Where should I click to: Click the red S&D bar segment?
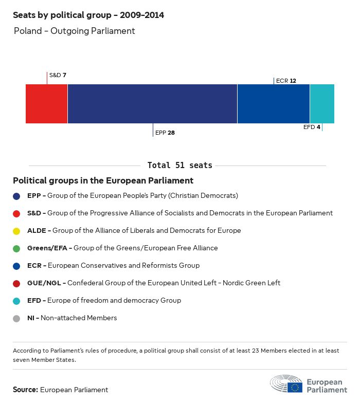pos(46,104)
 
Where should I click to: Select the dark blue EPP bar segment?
pos(152,104)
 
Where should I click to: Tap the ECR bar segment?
pos(274,104)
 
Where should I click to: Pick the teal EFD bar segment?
pos(322,104)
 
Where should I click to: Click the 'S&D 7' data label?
pos(58,75)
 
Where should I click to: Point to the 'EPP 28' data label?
pos(165,133)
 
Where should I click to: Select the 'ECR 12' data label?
pos(286,81)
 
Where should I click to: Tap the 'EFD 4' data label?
pos(312,127)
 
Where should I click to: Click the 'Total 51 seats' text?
pos(179,166)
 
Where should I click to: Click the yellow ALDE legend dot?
pos(16,231)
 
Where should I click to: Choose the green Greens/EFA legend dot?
pos(16,248)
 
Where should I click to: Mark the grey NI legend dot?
pos(16,318)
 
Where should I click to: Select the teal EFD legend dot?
pos(16,301)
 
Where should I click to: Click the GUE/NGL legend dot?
pos(16,283)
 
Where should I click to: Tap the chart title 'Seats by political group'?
pos(88,15)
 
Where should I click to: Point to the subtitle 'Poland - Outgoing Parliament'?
pos(74,31)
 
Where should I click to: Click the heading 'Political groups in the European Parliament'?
pos(103,180)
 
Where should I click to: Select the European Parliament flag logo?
pos(295,387)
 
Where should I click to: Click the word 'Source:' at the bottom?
pos(25,390)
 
